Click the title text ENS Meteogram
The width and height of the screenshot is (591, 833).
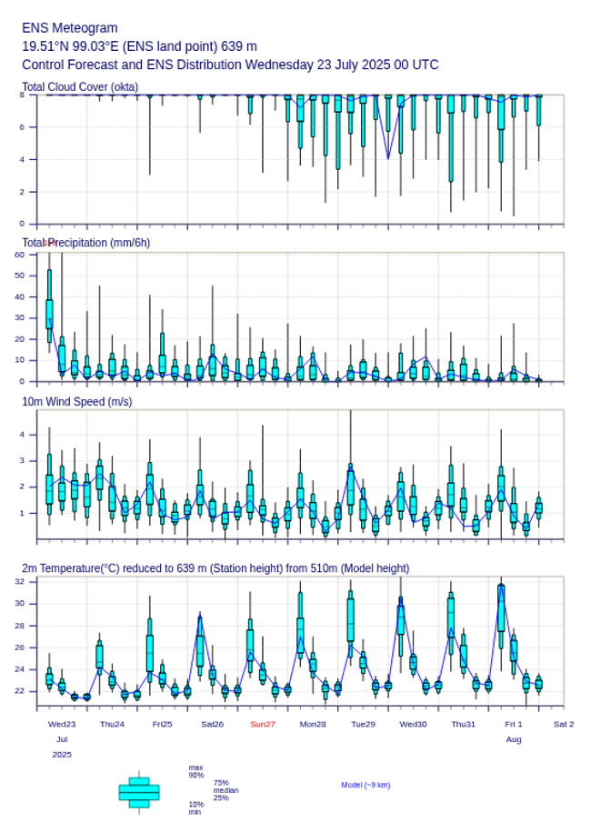[70, 28]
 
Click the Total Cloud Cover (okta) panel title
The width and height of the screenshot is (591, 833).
[80, 87]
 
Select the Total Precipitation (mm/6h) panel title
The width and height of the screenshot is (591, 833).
[86, 243]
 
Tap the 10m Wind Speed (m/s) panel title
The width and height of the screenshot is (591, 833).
[76, 401]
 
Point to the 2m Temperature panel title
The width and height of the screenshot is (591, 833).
[215, 568]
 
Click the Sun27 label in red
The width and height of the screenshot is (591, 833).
[263, 724]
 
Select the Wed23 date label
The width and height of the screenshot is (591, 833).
[62, 724]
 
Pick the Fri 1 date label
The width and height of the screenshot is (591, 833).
[514, 724]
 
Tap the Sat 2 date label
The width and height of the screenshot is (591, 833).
[564, 724]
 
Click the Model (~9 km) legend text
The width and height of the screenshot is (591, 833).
[366, 785]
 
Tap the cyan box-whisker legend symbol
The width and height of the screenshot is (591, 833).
[139, 792]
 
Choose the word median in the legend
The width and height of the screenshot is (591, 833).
[225, 790]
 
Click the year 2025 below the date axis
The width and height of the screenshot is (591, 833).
[62, 755]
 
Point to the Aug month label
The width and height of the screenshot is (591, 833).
[514, 739]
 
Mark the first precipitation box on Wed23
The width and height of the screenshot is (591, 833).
[49, 313]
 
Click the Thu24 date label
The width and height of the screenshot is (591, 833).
[112, 724]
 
